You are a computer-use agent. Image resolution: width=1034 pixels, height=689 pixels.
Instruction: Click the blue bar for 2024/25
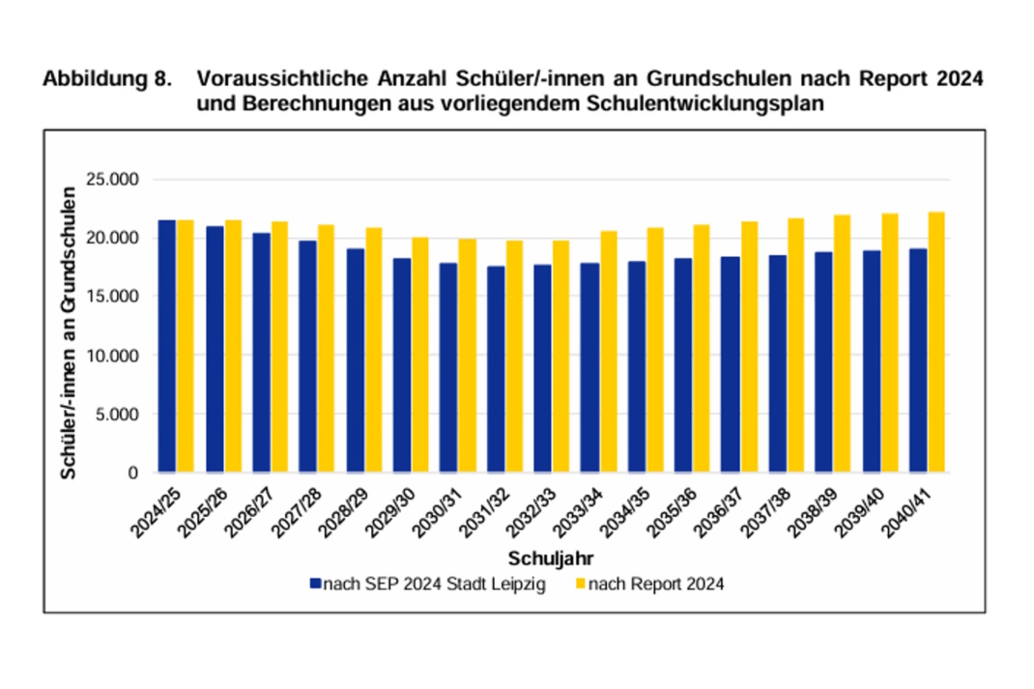(167, 347)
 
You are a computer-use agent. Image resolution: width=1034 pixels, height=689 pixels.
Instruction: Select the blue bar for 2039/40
(871, 362)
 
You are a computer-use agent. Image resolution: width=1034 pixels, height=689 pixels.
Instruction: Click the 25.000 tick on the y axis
(114, 179)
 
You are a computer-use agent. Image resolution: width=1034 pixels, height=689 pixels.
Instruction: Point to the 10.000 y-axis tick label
(114, 356)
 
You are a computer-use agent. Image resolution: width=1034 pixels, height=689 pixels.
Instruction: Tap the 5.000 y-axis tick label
(118, 415)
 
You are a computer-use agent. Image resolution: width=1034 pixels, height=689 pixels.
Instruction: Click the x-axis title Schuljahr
(550, 559)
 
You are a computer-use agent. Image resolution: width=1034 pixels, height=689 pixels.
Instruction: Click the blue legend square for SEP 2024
(314, 584)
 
